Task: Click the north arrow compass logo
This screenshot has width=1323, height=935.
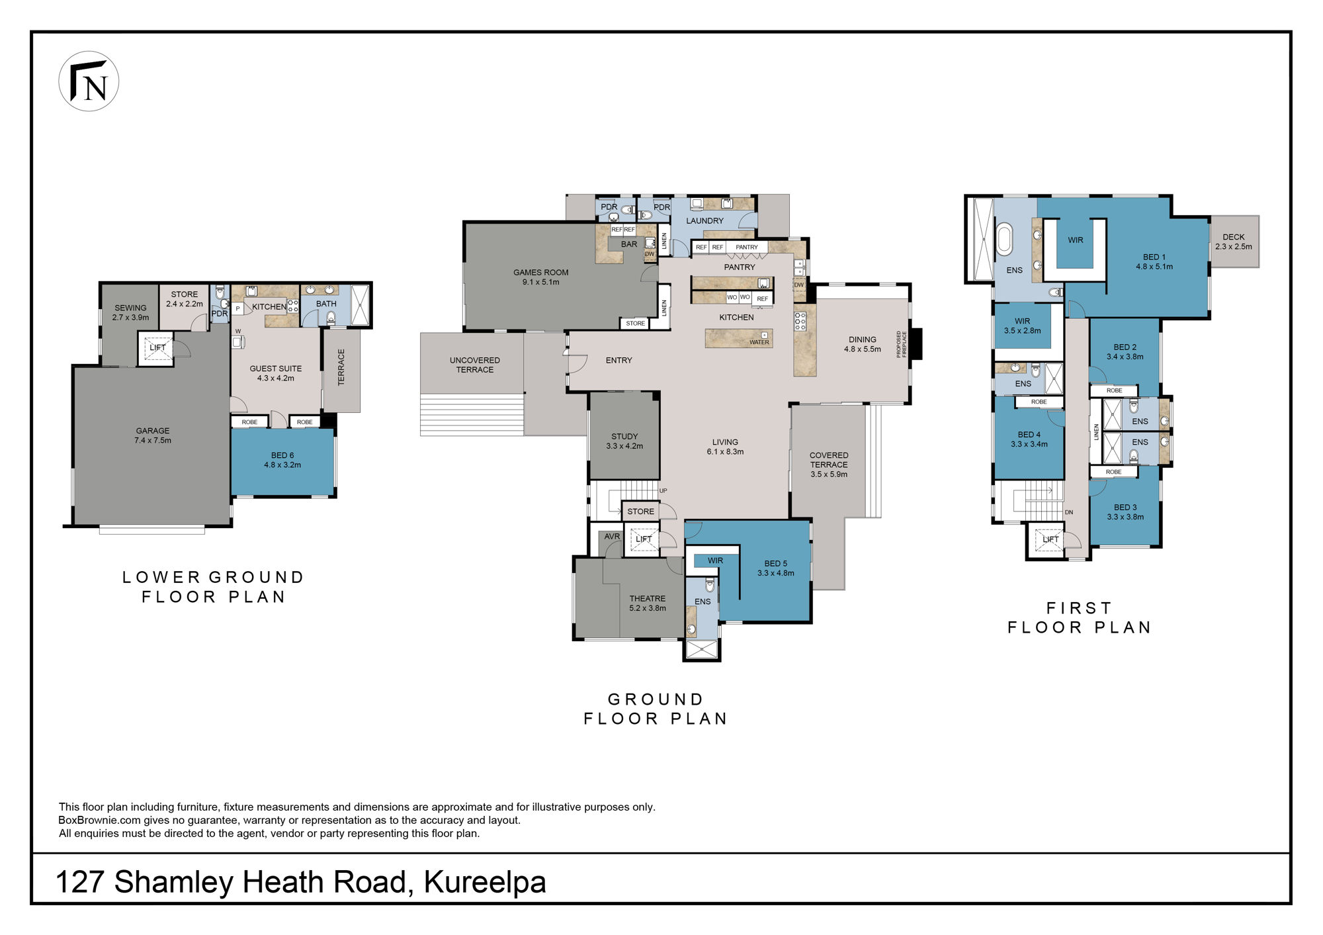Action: coord(89,81)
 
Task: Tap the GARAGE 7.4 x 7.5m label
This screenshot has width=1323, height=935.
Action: coord(153,435)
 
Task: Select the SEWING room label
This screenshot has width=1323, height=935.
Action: coord(130,312)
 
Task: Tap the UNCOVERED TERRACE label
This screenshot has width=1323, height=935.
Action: coord(475,365)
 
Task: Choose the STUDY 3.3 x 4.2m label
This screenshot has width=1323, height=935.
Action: coord(624,441)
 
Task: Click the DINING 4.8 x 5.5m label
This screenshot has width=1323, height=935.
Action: coord(863,344)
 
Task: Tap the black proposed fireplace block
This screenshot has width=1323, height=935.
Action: coord(916,344)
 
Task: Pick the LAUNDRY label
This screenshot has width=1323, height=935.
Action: coord(704,221)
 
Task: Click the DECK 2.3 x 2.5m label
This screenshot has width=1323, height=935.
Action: coord(1234,242)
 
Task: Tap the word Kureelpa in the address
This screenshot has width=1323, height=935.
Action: coord(485,882)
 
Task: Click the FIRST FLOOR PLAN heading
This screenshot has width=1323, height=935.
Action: coord(1080,618)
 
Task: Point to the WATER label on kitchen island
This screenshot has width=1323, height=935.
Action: coord(759,343)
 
